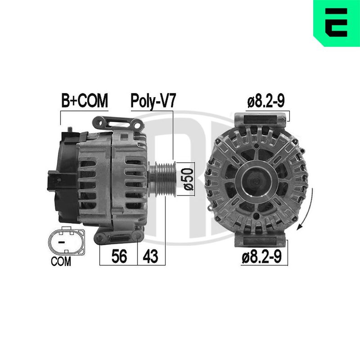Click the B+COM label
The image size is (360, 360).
85,100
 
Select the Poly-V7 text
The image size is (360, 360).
153,101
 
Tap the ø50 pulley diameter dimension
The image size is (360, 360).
189,179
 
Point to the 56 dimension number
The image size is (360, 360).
119,256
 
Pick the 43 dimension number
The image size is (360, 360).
150,256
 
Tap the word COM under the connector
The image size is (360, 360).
61,261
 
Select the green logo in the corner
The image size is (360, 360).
337,23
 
